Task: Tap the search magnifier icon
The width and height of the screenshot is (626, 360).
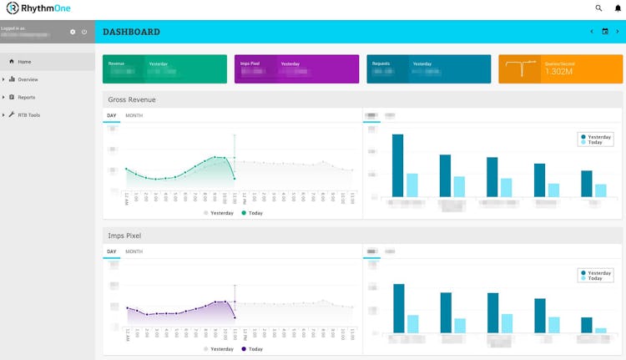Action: coord(598,8)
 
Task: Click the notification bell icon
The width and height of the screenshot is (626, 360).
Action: coord(617,8)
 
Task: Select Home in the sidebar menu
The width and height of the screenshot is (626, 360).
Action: coord(24,61)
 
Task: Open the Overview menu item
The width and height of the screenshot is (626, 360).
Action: coord(28,79)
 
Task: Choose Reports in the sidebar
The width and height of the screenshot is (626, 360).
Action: coord(27,97)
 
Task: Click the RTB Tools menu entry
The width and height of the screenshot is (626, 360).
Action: coord(28,114)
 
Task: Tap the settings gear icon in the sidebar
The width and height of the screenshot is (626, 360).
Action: coord(73,32)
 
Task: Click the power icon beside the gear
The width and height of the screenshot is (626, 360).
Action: coord(84,32)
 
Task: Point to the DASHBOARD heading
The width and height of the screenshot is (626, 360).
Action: coord(131,32)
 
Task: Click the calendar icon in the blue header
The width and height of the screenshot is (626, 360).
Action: coord(605,32)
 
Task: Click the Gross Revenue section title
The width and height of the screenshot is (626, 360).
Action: coord(131,99)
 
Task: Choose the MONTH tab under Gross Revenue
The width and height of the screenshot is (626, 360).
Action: coord(134,115)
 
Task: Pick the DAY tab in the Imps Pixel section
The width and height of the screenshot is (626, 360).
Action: coord(111,251)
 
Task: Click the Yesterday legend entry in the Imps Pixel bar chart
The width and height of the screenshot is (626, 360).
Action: coord(599,273)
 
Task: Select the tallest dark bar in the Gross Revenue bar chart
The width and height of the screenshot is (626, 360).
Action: coord(398,165)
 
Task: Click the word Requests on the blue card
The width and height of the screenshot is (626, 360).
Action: coord(381,63)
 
